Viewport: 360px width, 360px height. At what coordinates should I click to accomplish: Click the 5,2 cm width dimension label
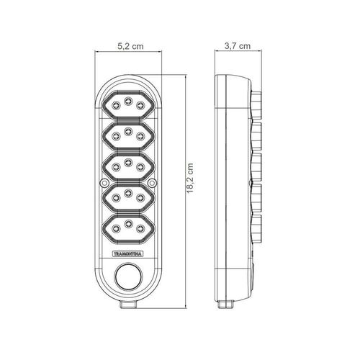pos(130,46)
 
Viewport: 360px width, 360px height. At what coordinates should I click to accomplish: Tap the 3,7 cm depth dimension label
pos(238,46)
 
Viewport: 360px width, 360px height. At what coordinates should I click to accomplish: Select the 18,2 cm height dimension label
pos(190,178)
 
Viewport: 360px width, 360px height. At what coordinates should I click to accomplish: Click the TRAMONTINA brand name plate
pos(128,254)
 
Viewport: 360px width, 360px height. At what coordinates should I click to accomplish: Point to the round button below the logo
pos(128,276)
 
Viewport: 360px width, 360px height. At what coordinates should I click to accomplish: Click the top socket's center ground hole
pos(128,101)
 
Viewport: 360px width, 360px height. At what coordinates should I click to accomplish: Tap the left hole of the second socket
pos(116,136)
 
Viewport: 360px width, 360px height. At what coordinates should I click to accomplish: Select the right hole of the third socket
pos(140,166)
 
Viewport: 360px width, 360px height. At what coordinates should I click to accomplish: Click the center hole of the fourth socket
pos(128,193)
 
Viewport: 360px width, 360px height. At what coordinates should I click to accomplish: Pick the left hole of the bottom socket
pos(116,228)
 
